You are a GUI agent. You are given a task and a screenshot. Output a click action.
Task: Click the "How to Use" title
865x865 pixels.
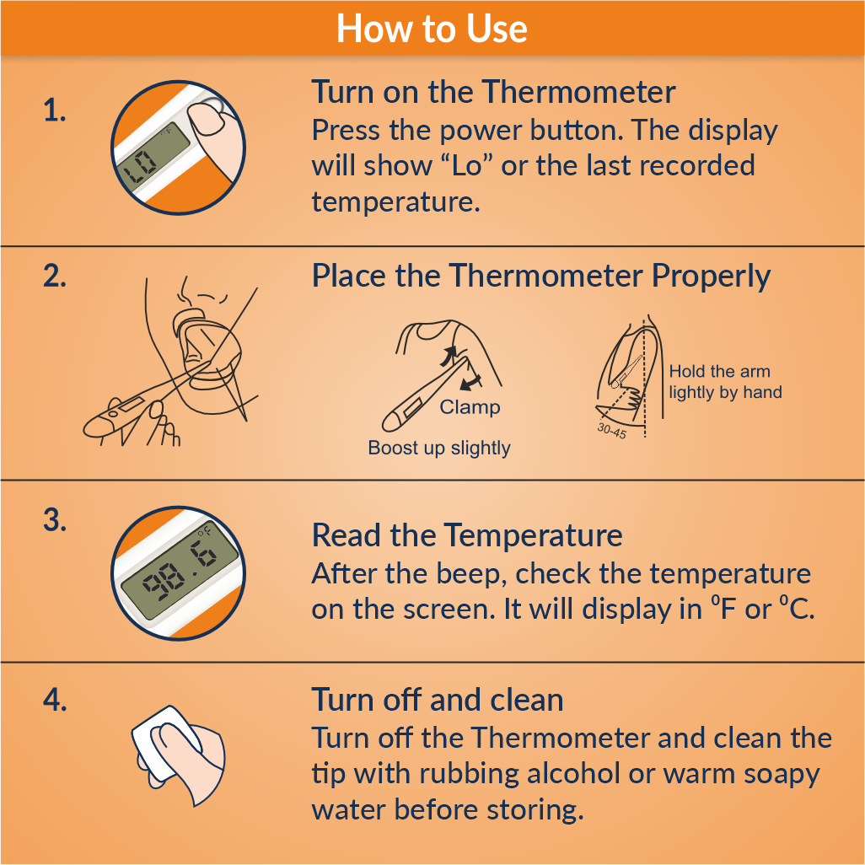click(432, 29)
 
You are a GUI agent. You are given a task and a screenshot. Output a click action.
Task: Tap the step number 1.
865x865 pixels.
click(55, 110)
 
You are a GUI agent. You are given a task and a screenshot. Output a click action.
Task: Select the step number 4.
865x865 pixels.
click(55, 700)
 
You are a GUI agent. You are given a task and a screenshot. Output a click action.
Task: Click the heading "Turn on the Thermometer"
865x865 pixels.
click(493, 92)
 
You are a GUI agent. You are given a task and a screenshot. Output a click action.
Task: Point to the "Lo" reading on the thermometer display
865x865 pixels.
click(140, 167)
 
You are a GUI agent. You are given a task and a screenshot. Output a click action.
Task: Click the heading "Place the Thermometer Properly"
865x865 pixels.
click(540, 276)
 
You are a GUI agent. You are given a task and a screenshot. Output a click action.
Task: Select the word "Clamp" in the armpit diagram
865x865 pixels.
click(470, 407)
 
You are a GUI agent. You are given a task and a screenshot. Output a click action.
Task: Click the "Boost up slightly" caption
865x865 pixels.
click(439, 448)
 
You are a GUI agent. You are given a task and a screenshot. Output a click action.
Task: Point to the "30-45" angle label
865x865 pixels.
click(612, 430)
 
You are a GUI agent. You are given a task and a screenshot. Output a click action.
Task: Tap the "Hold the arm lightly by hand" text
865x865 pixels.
click(725, 382)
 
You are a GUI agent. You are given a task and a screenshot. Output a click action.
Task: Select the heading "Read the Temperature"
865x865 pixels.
click(467, 535)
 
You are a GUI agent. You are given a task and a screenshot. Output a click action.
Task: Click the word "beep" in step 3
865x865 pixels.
click(468, 574)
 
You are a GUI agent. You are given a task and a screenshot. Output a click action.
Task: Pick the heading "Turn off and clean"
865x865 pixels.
click(438, 700)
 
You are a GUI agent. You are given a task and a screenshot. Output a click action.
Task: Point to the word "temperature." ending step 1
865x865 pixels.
click(396, 201)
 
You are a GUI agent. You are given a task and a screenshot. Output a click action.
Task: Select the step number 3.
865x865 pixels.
click(55, 520)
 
